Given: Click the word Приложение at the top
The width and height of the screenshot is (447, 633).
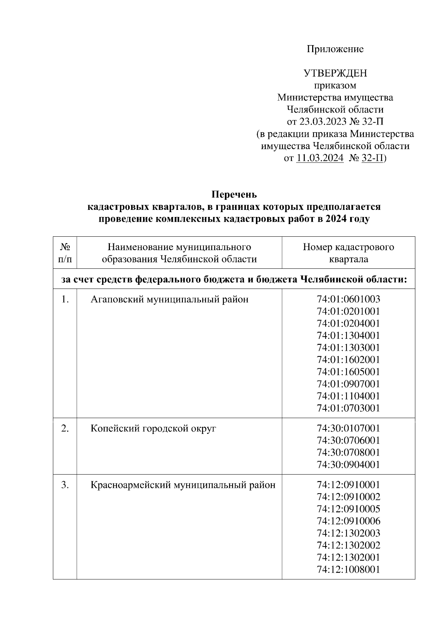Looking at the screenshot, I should pos(335,49).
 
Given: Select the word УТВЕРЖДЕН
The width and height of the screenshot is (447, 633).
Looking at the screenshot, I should pos(335,73).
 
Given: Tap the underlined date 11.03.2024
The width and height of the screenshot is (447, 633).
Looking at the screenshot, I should pos(320,158).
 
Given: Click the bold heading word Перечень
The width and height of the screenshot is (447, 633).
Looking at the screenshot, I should pos(234,195).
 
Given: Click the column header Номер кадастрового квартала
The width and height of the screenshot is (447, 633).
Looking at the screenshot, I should pos(348,253).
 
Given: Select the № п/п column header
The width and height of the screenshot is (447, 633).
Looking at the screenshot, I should pos(65,253).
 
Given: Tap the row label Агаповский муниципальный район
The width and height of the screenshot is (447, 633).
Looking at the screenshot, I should pos(169,299).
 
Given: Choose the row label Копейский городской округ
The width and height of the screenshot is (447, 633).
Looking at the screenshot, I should pos(153,428).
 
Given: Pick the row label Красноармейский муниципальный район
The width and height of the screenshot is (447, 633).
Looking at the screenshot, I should pos(183,485).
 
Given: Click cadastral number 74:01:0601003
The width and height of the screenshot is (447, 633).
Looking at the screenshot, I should pos(348,299).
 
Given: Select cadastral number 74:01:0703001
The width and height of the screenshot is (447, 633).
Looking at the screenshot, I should pos(348,408).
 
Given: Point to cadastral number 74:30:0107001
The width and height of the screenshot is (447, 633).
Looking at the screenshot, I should pos(348,428).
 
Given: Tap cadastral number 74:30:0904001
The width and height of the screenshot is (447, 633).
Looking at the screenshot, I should pos(348,464).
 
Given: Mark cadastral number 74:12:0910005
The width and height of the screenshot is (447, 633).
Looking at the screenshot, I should pos(348,509).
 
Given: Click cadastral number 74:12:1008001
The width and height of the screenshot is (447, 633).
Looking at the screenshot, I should pos(348,569).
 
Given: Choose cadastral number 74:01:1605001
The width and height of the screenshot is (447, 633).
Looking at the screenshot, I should pos(348,372).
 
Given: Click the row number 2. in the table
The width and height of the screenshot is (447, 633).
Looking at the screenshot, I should pos(65,428).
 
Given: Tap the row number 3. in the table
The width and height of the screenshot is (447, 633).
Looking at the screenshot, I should pos(65,485).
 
